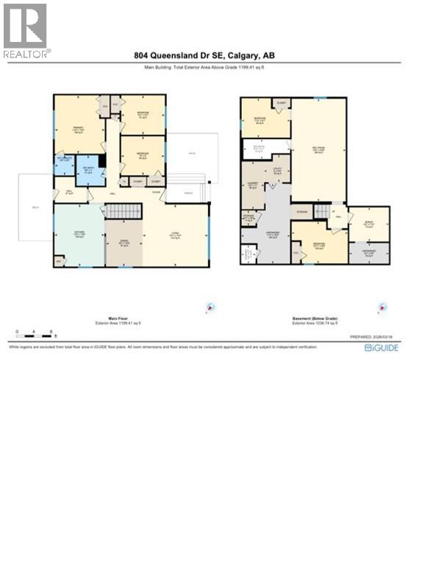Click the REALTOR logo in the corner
(27, 30)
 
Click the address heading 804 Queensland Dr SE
(204, 55)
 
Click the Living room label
(175, 235)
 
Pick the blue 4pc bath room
(90, 170)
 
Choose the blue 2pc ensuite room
(63, 163)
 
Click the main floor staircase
(121, 212)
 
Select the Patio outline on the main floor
(192, 154)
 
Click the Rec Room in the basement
(319, 150)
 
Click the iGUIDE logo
(382, 347)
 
